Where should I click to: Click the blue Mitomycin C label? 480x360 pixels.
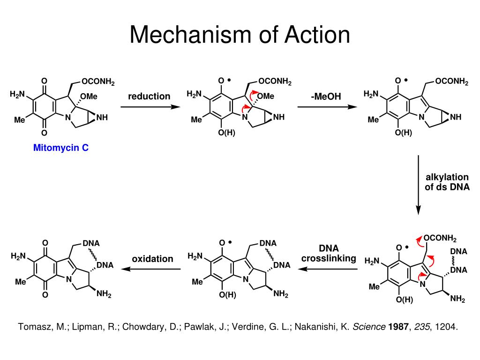pos(61,148)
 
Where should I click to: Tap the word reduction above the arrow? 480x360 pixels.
pos(149,96)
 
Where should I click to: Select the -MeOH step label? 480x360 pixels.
pos(325,97)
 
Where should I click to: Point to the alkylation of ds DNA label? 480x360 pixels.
pos(447,182)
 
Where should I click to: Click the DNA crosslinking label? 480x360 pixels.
pos(329,253)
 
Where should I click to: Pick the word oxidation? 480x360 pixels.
pos(152,259)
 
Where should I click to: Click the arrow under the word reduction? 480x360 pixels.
pos(150,107)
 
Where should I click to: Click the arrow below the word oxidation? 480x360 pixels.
pos(151,269)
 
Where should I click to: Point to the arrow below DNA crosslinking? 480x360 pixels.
pos(329,269)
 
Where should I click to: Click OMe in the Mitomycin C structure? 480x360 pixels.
pos(89,97)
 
